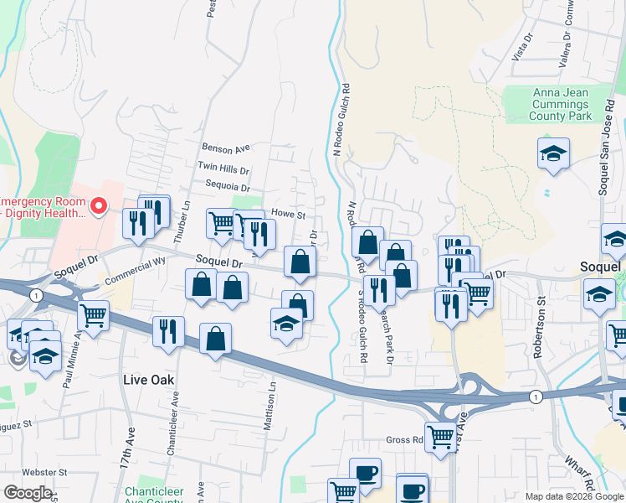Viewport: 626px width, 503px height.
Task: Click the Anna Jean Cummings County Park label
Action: pos(559,104)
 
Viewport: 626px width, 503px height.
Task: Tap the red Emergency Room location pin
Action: pos(99,205)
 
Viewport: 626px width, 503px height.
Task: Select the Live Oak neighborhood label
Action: pos(148,380)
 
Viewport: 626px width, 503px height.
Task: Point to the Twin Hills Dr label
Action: pos(223,169)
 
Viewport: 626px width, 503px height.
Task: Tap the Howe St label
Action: pos(281,214)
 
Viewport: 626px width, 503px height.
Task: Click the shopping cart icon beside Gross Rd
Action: pos(440,435)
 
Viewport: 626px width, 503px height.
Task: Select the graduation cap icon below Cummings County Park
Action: pos(552,153)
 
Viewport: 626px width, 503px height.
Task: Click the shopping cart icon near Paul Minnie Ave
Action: pos(93,315)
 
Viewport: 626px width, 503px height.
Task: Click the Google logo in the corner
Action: pos(28,492)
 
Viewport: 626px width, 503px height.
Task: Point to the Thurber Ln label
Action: pos(186,218)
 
